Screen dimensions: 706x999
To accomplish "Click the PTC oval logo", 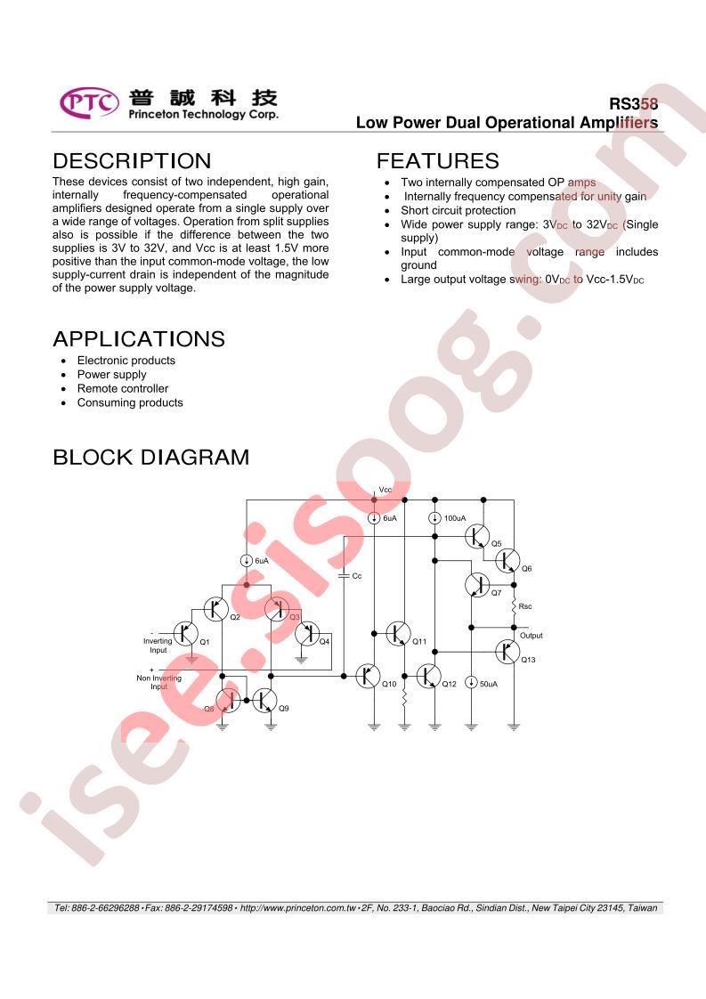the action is pyautogui.click(x=89, y=102).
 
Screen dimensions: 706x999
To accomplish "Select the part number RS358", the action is pyautogui.click(x=633, y=104).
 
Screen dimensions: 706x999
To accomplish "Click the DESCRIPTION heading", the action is pyautogui.click(x=132, y=160).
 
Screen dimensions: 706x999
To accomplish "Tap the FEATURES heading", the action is pyautogui.click(x=438, y=160).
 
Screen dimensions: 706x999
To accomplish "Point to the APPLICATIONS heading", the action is pyautogui.click(x=139, y=339).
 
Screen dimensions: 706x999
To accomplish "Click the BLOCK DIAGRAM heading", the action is pyautogui.click(x=151, y=458).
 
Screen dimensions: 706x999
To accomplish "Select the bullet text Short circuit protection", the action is pyautogui.click(x=458, y=210).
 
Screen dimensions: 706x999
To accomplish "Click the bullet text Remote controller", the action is pyautogui.click(x=123, y=388).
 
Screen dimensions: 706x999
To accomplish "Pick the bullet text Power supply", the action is pyautogui.click(x=111, y=375).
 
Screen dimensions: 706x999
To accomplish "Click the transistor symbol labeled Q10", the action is pyautogui.click(x=367, y=676).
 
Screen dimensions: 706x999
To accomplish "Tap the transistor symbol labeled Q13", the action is pyautogui.click(x=507, y=652).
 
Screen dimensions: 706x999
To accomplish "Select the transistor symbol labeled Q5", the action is pyautogui.click(x=476, y=537).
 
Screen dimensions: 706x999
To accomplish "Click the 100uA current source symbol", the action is pyautogui.click(x=434, y=518).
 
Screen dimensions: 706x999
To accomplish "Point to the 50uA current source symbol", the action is pyautogui.click(x=471, y=682).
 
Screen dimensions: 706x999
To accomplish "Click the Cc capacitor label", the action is pyautogui.click(x=357, y=576).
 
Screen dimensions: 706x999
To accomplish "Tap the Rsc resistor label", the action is pyautogui.click(x=525, y=606).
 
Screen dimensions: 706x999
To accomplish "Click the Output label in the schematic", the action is pyautogui.click(x=532, y=635).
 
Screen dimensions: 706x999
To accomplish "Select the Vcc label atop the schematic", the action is pyautogui.click(x=385, y=490).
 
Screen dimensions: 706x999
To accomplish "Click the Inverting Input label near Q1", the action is pyautogui.click(x=158, y=646).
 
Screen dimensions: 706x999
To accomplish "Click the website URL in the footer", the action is pyautogui.click(x=297, y=908).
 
